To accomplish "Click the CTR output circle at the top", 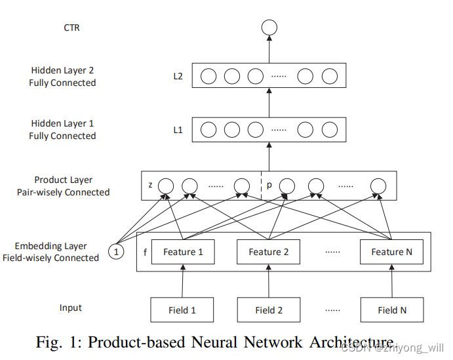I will point(269,28).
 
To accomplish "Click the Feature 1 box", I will point(183,252).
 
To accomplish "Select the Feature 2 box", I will point(268,252).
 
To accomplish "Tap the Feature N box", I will point(391,252).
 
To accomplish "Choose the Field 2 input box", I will point(268,310).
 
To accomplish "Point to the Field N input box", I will point(391,310).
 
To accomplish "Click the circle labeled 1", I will point(116,252).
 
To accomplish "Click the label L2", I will point(178,76).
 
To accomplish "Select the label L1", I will point(178,130).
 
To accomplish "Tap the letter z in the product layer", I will point(150,186).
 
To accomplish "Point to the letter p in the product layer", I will point(269,186).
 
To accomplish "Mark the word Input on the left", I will point(70,308).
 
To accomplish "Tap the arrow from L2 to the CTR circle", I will point(269,49).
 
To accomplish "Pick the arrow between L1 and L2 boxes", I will point(269,102).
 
